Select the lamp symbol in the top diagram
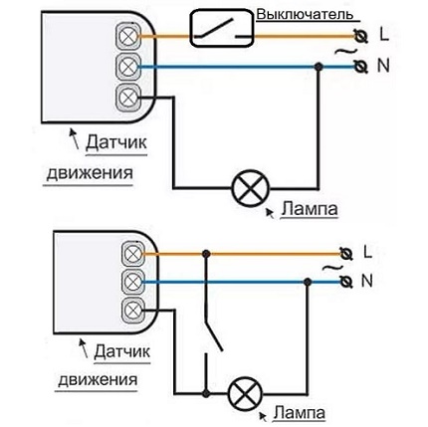click(x=245, y=187)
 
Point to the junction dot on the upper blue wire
click(x=319, y=68)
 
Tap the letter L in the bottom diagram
click(x=368, y=249)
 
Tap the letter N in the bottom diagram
click(x=368, y=281)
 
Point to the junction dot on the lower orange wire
click(x=207, y=252)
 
